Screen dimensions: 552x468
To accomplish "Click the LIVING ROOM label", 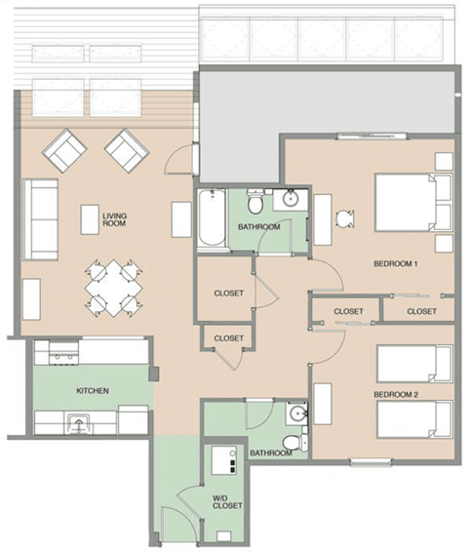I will (115, 219).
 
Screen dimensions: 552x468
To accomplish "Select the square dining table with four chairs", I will (113, 286).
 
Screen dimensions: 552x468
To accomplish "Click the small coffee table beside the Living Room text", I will (90, 219).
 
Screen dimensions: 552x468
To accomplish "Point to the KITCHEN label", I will (93, 391).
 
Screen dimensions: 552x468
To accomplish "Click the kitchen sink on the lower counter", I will (78, 422).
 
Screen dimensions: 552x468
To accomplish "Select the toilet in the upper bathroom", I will (255, 205).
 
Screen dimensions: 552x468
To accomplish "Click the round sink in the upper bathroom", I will (290, 201).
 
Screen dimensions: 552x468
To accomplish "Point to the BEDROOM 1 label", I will (395, 263).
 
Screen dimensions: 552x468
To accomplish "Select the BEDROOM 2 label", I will (395, 394).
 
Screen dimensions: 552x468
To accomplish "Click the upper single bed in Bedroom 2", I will (414, 364).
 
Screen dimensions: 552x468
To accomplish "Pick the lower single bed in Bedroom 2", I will (414, 420).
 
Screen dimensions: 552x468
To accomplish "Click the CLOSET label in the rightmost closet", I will (421, 311).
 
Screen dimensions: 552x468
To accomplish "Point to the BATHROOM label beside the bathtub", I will (259, 227).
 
